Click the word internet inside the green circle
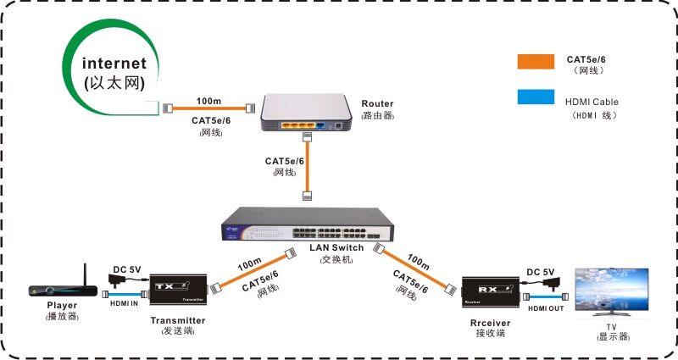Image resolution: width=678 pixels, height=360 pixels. pyautogui.click(x=115, y=64)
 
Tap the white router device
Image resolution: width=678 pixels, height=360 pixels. pyautogui.click(x=305, y=113)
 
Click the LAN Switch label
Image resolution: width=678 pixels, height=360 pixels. pyautogui.click(x=336, y=247)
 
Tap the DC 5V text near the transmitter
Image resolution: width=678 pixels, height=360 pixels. pyautogui.click(x=127, y=271)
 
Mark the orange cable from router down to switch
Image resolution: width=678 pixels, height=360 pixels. pyautogui.click(x=306, y=165)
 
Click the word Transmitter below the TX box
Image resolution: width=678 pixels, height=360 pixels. pyautogui.click(x=178, y=320)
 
